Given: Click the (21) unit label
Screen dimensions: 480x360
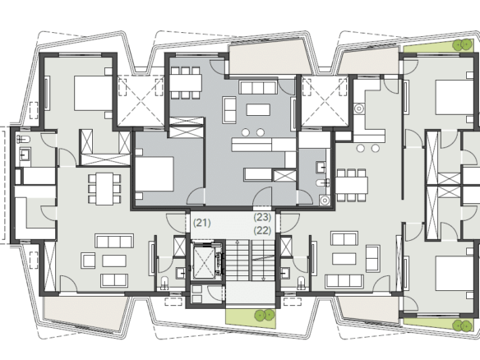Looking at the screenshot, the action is point(202,223).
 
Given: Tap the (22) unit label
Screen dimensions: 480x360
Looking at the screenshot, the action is point(263,230).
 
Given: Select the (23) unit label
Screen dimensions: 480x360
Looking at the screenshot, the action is point(263,217).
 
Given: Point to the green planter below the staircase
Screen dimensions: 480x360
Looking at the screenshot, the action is point(251,318).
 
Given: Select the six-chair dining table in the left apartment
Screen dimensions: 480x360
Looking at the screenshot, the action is point(104,188).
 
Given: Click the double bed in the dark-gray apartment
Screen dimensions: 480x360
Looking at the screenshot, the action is point(155,174).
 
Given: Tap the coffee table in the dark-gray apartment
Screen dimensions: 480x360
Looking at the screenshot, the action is point(258,109).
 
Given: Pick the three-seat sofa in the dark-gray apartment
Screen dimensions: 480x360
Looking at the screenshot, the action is point(258,87).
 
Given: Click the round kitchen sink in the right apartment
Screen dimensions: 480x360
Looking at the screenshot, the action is point(359,108).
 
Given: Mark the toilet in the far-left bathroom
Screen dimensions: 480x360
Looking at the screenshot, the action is point(23,139).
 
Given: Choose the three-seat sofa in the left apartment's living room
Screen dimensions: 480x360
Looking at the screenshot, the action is point(114,241).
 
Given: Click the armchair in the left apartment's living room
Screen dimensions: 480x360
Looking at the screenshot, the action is point(88,261).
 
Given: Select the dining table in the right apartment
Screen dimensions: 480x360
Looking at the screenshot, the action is point(352,185).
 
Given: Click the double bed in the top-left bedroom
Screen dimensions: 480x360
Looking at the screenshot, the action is point(93,93).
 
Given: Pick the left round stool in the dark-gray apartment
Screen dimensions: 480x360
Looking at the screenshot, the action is point(246,132).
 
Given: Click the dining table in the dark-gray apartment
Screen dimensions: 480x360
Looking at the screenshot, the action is point(186,83).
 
